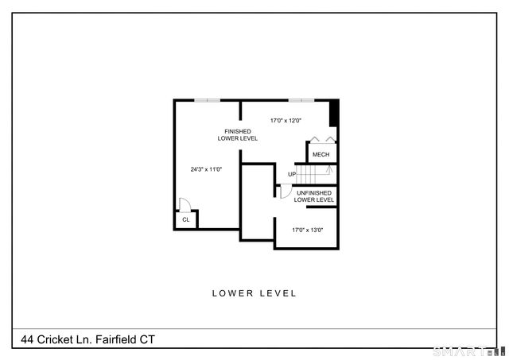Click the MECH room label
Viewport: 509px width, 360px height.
321,154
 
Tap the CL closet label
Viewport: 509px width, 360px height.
185,219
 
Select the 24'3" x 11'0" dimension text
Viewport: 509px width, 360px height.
205,169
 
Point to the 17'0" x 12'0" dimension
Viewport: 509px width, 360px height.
286,121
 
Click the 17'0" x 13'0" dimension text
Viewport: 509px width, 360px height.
307,230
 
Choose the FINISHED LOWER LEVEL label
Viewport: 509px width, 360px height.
238,135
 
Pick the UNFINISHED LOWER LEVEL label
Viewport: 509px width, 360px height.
314,196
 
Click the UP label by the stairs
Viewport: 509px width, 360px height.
292,174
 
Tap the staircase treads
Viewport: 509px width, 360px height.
315,174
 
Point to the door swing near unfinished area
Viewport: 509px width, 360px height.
285,191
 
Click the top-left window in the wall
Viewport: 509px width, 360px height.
208,100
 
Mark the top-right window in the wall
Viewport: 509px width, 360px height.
301,100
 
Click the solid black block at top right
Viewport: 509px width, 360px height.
334,112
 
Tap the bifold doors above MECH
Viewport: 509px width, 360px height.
322,139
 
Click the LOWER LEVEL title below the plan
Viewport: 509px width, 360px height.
254,293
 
